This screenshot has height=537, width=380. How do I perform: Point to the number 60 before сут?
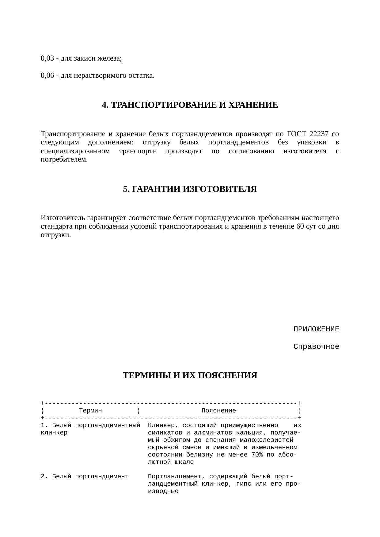point(300,227)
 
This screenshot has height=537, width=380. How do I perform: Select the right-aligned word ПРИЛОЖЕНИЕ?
point(316,330)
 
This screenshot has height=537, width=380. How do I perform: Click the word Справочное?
point(316,347)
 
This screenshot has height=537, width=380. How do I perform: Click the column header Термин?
point(90,411)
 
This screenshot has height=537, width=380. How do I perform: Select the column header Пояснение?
point(218,411)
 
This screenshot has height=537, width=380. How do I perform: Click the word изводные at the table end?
point(163,491)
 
